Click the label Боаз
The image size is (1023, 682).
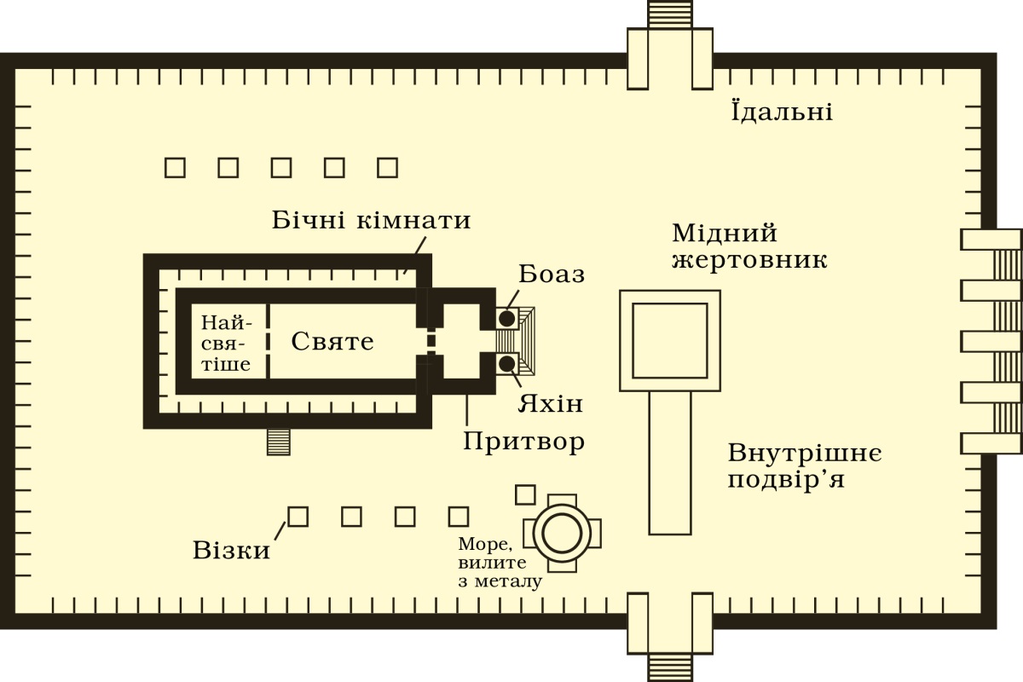point(552,275)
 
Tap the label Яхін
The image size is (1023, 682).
point(551,404)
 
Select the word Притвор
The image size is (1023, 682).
point(523,442)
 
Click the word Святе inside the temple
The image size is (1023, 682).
point(332,341)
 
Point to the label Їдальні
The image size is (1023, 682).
point(782,111)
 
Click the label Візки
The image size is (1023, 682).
point(232,550)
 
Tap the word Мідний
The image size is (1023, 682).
point(725,234)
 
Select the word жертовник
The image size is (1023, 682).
point(749,260)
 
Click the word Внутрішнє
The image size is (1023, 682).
point(805,454)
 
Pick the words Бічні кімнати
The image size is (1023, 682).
point(371,220)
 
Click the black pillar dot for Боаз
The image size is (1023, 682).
point(506,319)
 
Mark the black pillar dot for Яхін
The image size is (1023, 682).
point(506,364)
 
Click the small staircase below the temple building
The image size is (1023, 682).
point(279,442)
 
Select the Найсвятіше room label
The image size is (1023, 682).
point(226,344)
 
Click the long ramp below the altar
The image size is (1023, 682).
point(670,463)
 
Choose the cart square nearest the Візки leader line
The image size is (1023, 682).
point(298,517)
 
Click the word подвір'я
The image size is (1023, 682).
point(786,480)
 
